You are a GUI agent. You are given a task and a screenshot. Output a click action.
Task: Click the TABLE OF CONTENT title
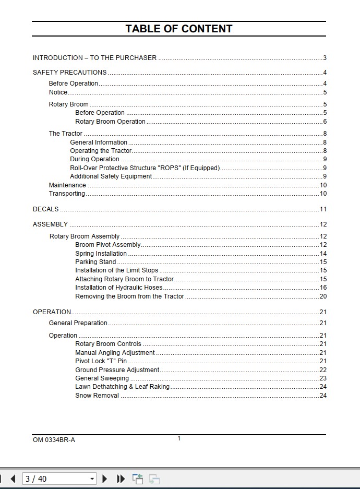pyautogui.click(x=179, y=29)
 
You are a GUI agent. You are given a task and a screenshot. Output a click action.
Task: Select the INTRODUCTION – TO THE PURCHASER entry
pyautogui.click(x=94, y=58)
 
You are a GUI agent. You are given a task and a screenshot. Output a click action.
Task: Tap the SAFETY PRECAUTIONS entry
pyautogui.click(x=69, y=73)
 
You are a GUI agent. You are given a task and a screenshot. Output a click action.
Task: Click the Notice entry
pyautogui.click(x=58, y=92)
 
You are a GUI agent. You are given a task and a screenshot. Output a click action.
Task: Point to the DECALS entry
pyautogui.click(x=46, y=209)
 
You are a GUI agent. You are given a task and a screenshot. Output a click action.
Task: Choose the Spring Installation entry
pyautogui.click(x=101, y=254)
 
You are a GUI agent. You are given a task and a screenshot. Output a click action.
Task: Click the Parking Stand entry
pyautogui.click(x=95, y=262)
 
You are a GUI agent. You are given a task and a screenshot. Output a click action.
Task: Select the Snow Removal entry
pyautogui.click(x=97, y=396)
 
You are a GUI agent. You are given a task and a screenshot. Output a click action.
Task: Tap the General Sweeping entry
pyautogui.click(x=102, y=378)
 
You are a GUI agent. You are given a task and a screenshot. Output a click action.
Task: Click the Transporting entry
pyautogui.click(x=67, y=194)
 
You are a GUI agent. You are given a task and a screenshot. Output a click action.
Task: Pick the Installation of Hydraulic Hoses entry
pyautogui.click(x=119, y=288)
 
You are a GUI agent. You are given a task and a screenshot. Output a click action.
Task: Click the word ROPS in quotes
pyautogui.click(x=168, y=168)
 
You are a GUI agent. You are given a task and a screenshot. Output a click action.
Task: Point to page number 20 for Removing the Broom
pyautogui.click(x=323, y=296)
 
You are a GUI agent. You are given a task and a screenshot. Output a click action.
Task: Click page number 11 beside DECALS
pyautogui.click(x=323, y=209)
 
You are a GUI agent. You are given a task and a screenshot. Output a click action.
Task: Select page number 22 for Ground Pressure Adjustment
pyautogui.click(x=323, y=370)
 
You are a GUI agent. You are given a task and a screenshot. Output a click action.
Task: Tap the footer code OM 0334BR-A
pyautogui.click(x=54, y=440)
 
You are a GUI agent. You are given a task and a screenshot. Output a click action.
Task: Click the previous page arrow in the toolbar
pyautogui.click(x=13, y=479)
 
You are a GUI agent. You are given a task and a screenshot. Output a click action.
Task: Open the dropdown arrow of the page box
pyautogui.click(x=92, y=479)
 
